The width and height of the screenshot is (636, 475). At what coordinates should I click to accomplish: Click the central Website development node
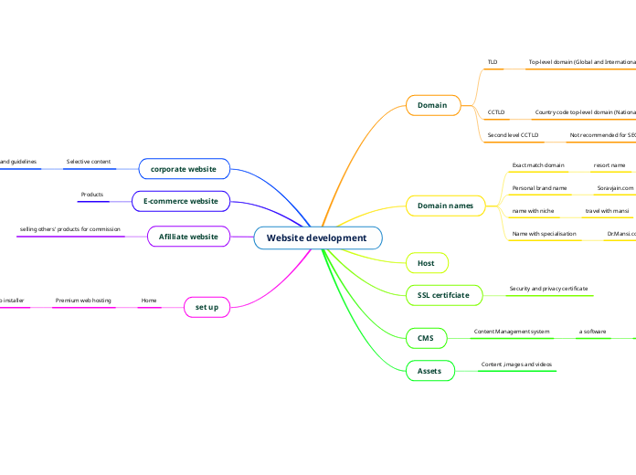point(317,237)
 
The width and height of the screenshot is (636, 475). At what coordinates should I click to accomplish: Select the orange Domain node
point(432,105)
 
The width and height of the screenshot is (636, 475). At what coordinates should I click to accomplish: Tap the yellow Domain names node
point(445,206)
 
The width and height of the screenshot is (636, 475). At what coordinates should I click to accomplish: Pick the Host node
point(426,263)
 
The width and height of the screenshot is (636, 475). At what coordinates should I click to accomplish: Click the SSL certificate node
point(443,295)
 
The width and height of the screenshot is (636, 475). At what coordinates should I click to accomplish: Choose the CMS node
point(426,338)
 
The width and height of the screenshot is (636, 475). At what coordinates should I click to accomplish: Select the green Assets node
point(429,371)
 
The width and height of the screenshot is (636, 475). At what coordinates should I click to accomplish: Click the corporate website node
point(184,168)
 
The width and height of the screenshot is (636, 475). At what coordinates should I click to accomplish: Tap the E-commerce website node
point(181,201)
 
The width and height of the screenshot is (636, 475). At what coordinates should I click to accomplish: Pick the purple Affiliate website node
point(188,237)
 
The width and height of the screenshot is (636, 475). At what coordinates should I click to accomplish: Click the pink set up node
point(207,307)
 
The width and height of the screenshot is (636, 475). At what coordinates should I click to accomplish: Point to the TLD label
point(493,62)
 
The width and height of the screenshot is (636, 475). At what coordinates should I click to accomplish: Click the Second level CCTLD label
point(513,134)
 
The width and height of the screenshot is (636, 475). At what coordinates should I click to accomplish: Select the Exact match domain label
point(538,165)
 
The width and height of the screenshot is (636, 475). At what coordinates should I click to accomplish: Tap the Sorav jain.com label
point(615,187)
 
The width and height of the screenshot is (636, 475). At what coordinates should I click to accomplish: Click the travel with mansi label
point(607,211)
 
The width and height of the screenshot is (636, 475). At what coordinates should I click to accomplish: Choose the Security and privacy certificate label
point(548,289)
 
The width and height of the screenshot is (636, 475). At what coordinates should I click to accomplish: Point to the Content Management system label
point(511,331)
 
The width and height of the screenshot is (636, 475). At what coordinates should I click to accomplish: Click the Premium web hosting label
point(83,300)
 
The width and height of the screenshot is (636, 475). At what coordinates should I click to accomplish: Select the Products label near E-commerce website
point(92,195)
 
